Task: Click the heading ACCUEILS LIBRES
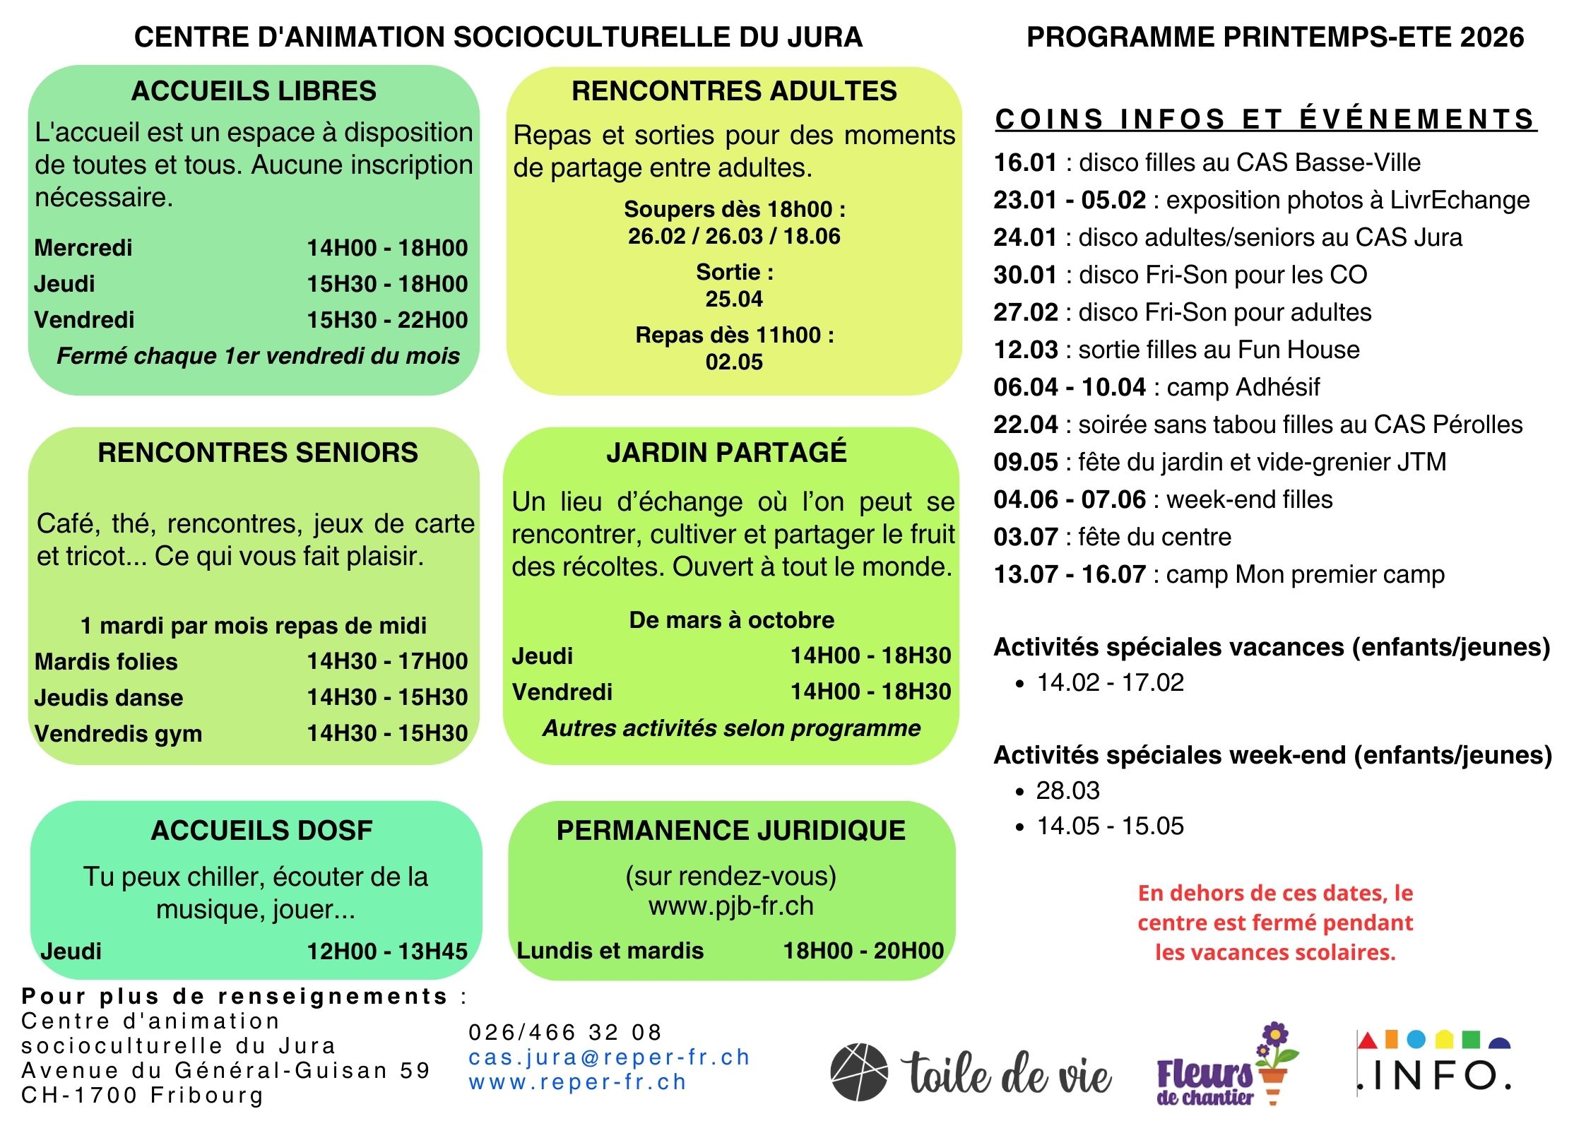254,91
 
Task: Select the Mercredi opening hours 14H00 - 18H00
387,248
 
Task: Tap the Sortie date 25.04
734,299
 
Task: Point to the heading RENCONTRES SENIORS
258,453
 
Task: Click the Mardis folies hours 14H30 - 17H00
387,661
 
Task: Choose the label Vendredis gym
118,734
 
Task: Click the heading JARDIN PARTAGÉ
726,452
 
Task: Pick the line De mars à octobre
731,620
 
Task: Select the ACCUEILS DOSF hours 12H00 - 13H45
387,951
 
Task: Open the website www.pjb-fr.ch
731,906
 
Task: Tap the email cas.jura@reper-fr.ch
609,1057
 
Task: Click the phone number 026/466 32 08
565,1033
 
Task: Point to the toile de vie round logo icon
858,1072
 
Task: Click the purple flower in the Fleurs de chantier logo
1274,1036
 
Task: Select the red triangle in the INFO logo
1368,1040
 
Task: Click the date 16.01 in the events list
1025,163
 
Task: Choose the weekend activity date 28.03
1067,791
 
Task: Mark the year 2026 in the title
1492,37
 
